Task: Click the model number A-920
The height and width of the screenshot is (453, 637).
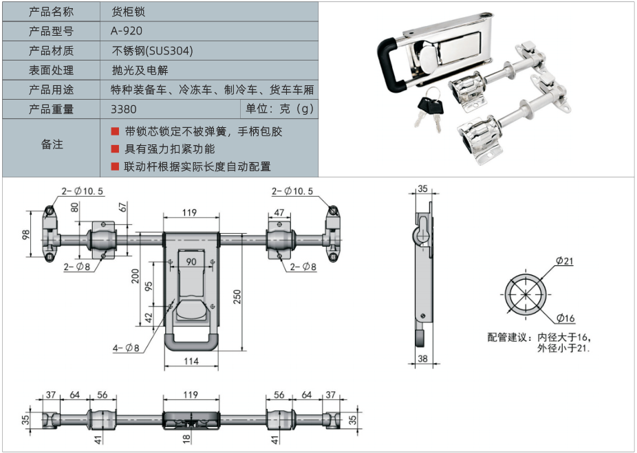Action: coord(127,31)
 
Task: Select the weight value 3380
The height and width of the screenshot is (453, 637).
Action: coord(124,109)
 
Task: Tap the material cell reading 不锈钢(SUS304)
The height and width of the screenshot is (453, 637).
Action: coord(152,51)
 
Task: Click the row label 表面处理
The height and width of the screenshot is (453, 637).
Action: coord(51,70)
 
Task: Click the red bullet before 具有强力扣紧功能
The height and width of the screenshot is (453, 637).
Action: coord(115,149)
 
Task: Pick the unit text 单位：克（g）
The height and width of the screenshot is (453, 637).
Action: coord(279,109)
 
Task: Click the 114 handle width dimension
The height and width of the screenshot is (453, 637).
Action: coord(191,361)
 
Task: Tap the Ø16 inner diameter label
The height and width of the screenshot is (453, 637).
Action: coord(566,318)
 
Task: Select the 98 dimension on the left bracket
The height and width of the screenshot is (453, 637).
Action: coord(26,234)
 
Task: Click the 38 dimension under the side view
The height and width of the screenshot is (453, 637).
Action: coord(422,359)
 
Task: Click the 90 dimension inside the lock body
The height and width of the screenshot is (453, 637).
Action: coord(191,261)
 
